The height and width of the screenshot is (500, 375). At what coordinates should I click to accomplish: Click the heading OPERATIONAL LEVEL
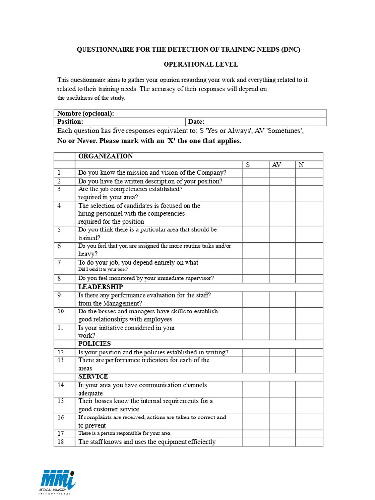(201, 64)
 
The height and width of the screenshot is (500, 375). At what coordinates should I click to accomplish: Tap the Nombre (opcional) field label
(86, 113)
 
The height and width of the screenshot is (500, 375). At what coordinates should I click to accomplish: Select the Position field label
(70, 122)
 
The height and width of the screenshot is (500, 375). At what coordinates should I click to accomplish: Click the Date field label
(196, 122)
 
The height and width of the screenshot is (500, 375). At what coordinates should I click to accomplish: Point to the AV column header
(276, 165)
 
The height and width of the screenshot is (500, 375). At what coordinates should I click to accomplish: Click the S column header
(248, 165)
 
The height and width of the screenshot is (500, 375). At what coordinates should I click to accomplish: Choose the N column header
(301, 165)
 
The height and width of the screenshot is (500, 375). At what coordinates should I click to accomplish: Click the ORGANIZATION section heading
(105, 156)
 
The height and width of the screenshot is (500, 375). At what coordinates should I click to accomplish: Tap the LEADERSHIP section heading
(101, 287)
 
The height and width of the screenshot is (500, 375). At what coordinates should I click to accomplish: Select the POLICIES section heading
(95, 344)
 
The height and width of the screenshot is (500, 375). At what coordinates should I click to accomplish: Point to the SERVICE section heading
(93, 376)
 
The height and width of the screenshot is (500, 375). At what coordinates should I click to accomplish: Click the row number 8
(59, 278)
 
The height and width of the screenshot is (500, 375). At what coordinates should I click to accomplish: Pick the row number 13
(61, 360)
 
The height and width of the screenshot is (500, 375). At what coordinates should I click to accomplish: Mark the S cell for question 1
(255, 173)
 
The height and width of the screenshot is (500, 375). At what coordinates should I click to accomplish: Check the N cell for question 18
(309, 442)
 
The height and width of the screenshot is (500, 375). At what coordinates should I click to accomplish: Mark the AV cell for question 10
(282, 315)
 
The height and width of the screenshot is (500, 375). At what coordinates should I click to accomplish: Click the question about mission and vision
(152, 173)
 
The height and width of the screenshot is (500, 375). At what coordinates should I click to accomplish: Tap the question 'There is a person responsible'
(125, 433)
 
